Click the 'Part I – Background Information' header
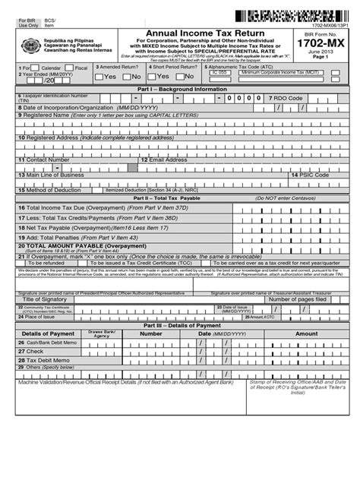click(180, 89)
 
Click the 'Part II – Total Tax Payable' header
click(180, 197)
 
